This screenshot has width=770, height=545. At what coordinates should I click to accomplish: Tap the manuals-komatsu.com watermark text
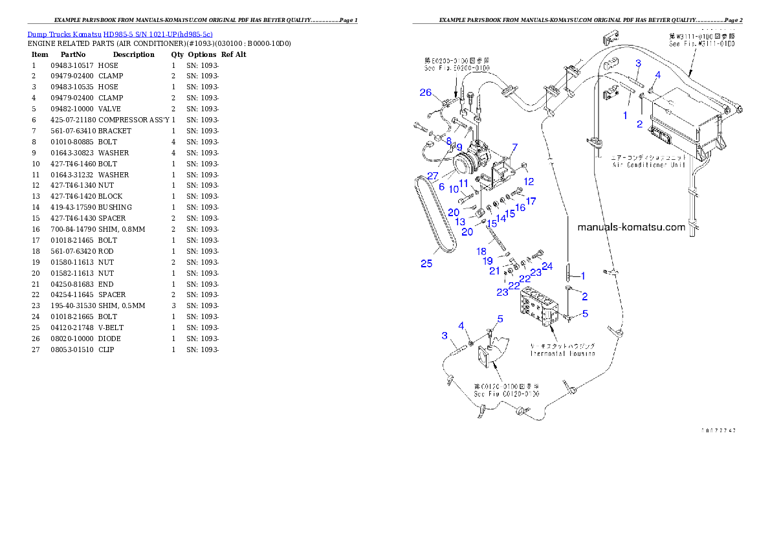tap(630, 227)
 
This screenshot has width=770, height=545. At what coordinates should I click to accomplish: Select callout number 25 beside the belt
tap(426, 263)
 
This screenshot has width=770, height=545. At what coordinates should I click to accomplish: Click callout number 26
tap(425, 93)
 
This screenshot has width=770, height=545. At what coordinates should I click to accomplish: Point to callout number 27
tap(432, 175)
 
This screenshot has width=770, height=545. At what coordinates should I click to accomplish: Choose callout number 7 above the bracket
tap(514, 148)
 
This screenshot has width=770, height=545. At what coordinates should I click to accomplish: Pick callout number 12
tap(529, 181)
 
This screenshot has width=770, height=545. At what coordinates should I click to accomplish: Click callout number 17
tap(531, 201)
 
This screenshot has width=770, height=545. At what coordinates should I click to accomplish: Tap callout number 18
tap(481, 251)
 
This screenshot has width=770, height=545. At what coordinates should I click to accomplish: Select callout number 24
tap(547, 265)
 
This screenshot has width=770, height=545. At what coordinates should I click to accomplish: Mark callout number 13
tap(460, 221)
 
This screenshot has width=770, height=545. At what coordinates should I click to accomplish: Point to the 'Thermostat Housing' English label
tap(562, 353)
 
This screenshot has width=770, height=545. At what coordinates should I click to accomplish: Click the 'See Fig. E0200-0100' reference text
tap(454, 67)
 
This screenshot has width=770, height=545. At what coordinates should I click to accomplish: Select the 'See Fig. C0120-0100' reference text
tap(507, 394)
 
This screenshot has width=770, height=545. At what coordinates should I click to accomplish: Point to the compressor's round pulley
tap(463, 162)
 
